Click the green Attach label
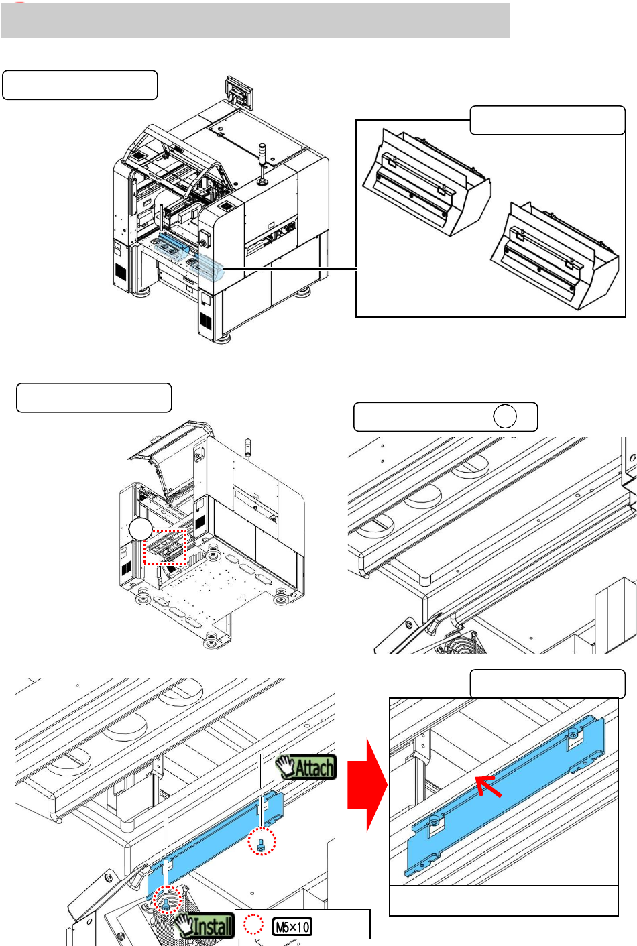(x=306, y=766)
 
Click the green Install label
(x=205, y=926)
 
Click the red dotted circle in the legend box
(x=253, y=925)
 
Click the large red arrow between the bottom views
(x=367, y=785)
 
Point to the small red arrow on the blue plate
(x=489, y=786)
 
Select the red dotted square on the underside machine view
(x=165, y=546)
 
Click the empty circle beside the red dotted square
(x=140, y=529)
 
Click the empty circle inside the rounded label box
(x=505, y=416)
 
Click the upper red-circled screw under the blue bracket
(x=262, y=841)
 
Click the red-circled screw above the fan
(x=166, y=900)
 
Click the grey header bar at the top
(x=255, y=20)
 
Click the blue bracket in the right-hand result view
(x=505, y=796)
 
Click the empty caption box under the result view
(x=504, y=901)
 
